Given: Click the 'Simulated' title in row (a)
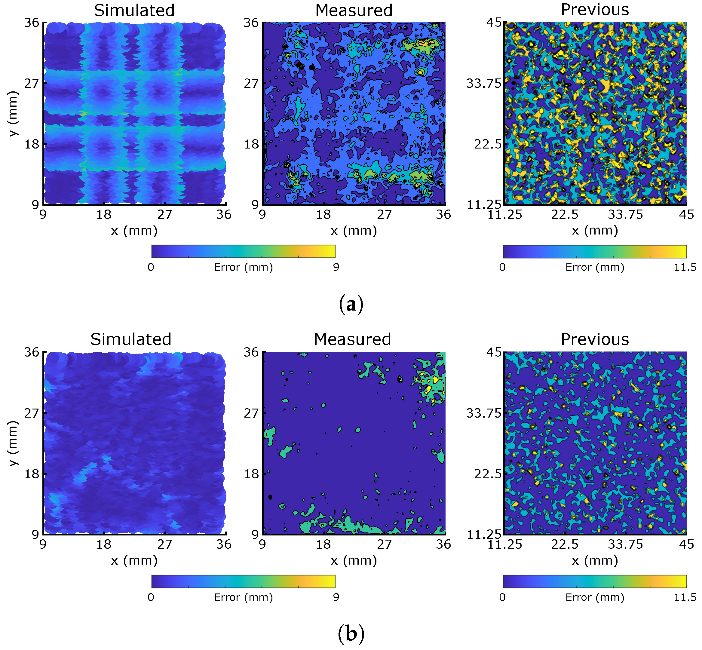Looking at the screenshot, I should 134,11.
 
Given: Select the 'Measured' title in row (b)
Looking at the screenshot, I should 352,339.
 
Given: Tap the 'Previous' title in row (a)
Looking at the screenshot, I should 594,10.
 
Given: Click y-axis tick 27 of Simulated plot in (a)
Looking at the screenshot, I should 31,84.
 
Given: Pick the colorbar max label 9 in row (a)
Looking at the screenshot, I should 336,267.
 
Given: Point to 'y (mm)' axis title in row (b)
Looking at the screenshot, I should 13,443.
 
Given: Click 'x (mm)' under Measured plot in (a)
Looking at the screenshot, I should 354,231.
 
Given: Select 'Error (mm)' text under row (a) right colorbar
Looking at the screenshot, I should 594,267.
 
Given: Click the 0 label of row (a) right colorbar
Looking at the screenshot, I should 502,267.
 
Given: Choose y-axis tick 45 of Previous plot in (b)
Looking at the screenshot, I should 493,352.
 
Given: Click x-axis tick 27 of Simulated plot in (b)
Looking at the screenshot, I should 164,544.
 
